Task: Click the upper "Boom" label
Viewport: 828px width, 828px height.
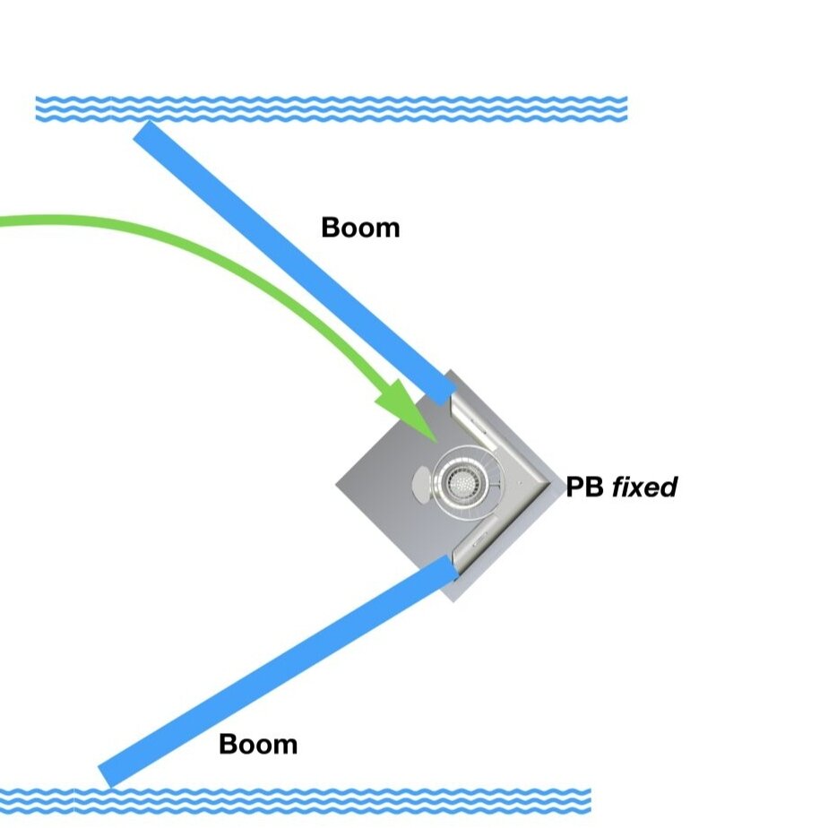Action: tap(360, 228)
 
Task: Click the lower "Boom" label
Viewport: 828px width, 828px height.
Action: tap(258, 744)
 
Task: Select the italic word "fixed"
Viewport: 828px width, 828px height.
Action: tap(645, 487)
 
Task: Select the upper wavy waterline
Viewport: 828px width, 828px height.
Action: tap(332, 108)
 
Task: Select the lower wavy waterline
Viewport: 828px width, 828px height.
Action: tap(296, 800)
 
